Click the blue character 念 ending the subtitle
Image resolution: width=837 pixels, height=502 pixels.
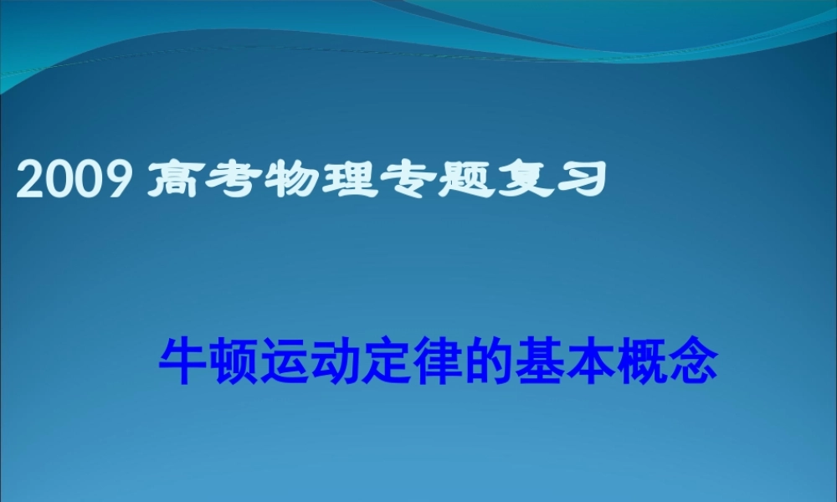point(694,361)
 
